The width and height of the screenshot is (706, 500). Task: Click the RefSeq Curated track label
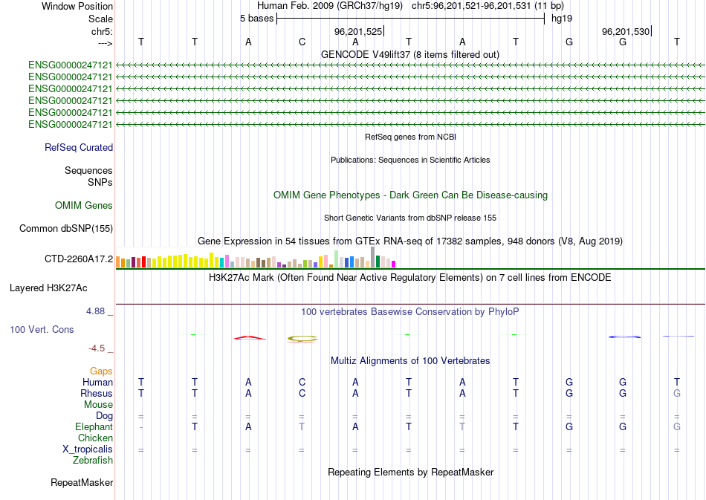79,147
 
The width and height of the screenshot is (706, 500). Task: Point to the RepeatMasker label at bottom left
82,483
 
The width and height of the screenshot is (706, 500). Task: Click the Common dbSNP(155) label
65,229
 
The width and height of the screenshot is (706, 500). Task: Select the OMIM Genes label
84,206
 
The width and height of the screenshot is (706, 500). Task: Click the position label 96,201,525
358,32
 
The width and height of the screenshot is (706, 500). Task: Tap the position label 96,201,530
626,32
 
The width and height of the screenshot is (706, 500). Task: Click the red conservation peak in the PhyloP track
250,337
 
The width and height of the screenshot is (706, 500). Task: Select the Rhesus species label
97,393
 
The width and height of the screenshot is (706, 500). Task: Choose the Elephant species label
94,427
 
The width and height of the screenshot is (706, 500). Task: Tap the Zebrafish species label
93,461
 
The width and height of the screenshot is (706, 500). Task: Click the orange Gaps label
101,371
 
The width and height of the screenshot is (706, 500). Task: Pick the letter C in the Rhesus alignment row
302,393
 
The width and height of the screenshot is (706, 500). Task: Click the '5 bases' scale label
256,18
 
